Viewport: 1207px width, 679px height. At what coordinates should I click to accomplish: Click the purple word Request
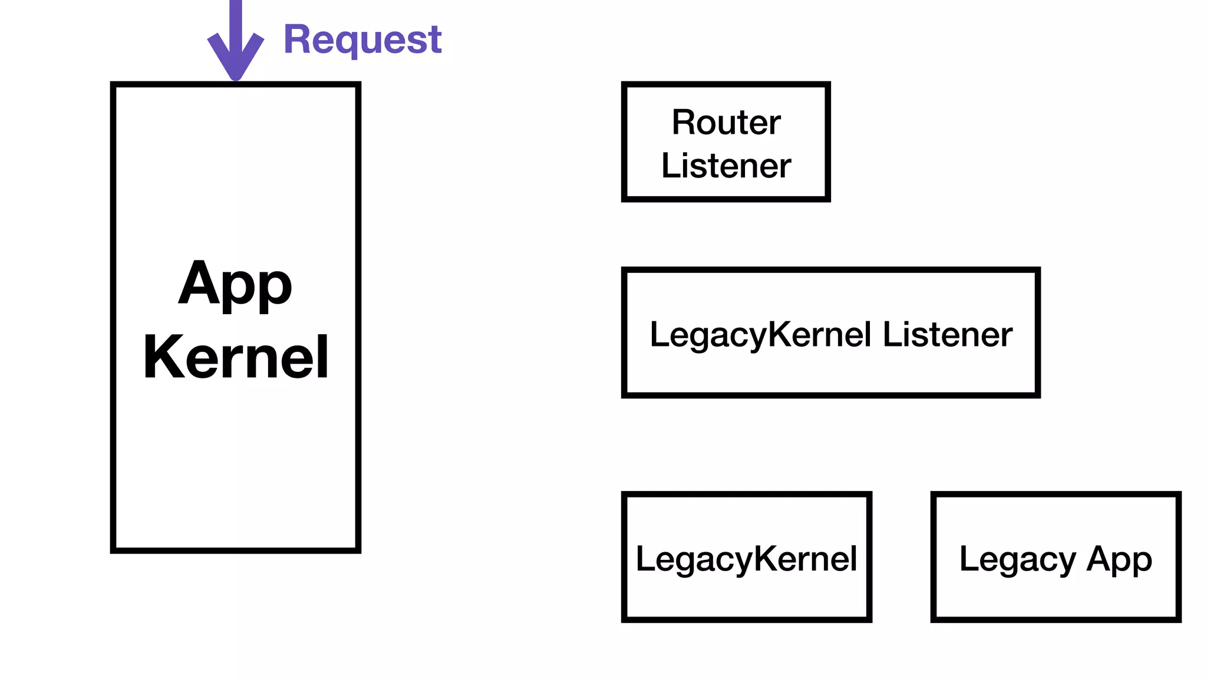362,40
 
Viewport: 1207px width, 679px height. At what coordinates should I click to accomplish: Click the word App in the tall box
235,285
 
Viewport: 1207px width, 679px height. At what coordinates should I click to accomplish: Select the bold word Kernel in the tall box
236,357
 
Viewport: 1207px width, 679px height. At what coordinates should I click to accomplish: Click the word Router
726,123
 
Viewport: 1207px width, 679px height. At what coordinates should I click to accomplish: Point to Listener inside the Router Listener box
726,166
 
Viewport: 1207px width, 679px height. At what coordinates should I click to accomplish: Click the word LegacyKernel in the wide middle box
760,335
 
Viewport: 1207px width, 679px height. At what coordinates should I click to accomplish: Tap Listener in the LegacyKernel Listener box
948,335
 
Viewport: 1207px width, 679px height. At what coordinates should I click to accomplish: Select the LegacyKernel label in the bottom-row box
746,559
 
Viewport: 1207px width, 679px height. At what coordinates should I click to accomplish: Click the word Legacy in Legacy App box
1018,559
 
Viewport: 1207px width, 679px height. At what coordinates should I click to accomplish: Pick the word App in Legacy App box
1119,559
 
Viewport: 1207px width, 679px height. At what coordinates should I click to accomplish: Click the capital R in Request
297,40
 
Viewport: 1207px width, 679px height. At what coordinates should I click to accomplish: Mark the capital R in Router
684,123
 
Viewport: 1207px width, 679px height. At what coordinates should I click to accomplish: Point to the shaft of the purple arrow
236,18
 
